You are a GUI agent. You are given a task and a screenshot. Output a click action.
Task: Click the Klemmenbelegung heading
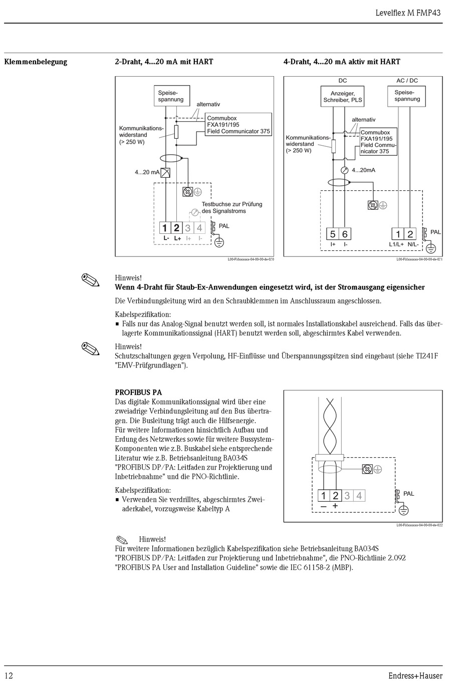coord(36,62)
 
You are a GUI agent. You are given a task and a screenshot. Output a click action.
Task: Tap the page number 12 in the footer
coord(9,676)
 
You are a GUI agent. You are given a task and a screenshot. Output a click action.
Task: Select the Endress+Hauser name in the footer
coord(415,676)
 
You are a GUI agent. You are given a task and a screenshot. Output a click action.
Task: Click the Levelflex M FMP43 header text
coord(408,13)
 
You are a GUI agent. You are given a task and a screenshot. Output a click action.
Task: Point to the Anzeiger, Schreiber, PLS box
coord(342,97)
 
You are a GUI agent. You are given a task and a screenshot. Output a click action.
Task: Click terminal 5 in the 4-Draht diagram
coord(333,234)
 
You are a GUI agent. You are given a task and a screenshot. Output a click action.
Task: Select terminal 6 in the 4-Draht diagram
coord(345,234)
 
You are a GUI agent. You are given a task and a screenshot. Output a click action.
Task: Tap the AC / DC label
coord(407,81)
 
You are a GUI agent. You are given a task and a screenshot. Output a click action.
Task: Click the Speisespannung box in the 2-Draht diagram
coord(170,96)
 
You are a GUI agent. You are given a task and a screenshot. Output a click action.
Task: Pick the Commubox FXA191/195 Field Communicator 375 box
coord(239,125)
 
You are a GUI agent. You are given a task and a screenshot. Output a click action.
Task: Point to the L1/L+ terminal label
coord(396,244)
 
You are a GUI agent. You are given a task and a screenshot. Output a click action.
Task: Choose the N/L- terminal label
coord(412,244)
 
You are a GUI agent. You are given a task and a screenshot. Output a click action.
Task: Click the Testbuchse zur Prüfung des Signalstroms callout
coord(231,207)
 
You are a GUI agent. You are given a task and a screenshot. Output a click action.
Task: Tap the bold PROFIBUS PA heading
coord(138,393)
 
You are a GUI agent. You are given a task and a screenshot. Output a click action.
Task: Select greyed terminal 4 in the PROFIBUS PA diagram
coord(359,496)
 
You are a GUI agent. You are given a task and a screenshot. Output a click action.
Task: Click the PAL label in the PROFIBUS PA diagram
coord(408,494)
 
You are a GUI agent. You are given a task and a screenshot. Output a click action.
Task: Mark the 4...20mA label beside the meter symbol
coord(363,170)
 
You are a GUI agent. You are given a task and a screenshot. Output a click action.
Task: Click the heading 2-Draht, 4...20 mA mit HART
coord(164,62)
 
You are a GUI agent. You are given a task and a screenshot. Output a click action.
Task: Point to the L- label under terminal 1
coord(166,238)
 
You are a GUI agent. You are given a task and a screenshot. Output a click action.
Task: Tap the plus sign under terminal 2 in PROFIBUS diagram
coord(335,506)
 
